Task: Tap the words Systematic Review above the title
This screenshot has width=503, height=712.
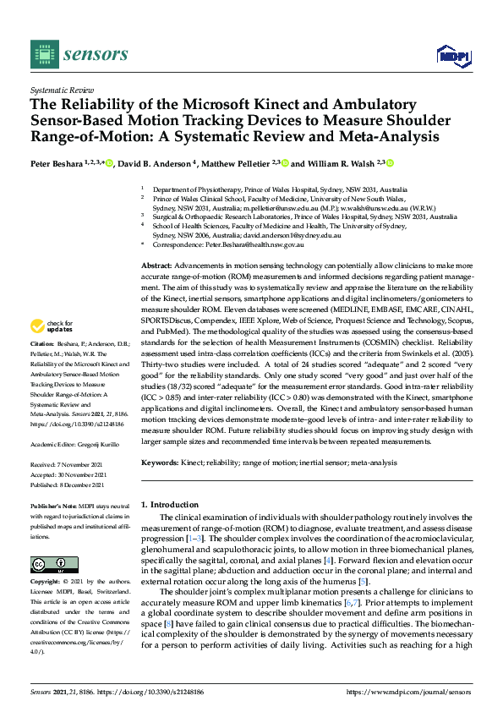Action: click(61, 89)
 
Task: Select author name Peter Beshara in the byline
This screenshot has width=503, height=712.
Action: click(56, 163)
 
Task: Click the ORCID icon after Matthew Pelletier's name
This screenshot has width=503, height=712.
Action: click(285, 163)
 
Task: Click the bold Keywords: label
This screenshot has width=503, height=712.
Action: click(160, 463)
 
